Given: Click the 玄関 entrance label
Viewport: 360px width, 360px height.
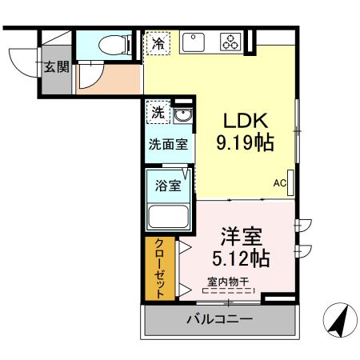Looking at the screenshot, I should tap(55, 67).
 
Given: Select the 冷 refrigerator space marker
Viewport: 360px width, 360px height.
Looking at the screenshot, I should tap(157, 43).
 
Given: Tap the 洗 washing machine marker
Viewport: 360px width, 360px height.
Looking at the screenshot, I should tap(158, 113).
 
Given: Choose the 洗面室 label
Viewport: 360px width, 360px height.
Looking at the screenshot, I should tap(168, 145).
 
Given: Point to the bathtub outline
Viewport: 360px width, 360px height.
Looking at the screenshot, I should tap(167, 216).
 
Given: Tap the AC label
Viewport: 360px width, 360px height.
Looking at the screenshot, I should tap(279, 183).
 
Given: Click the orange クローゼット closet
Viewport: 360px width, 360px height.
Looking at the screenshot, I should tap(159, 269).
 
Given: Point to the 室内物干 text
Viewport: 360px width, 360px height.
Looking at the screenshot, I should tap(228, 281).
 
